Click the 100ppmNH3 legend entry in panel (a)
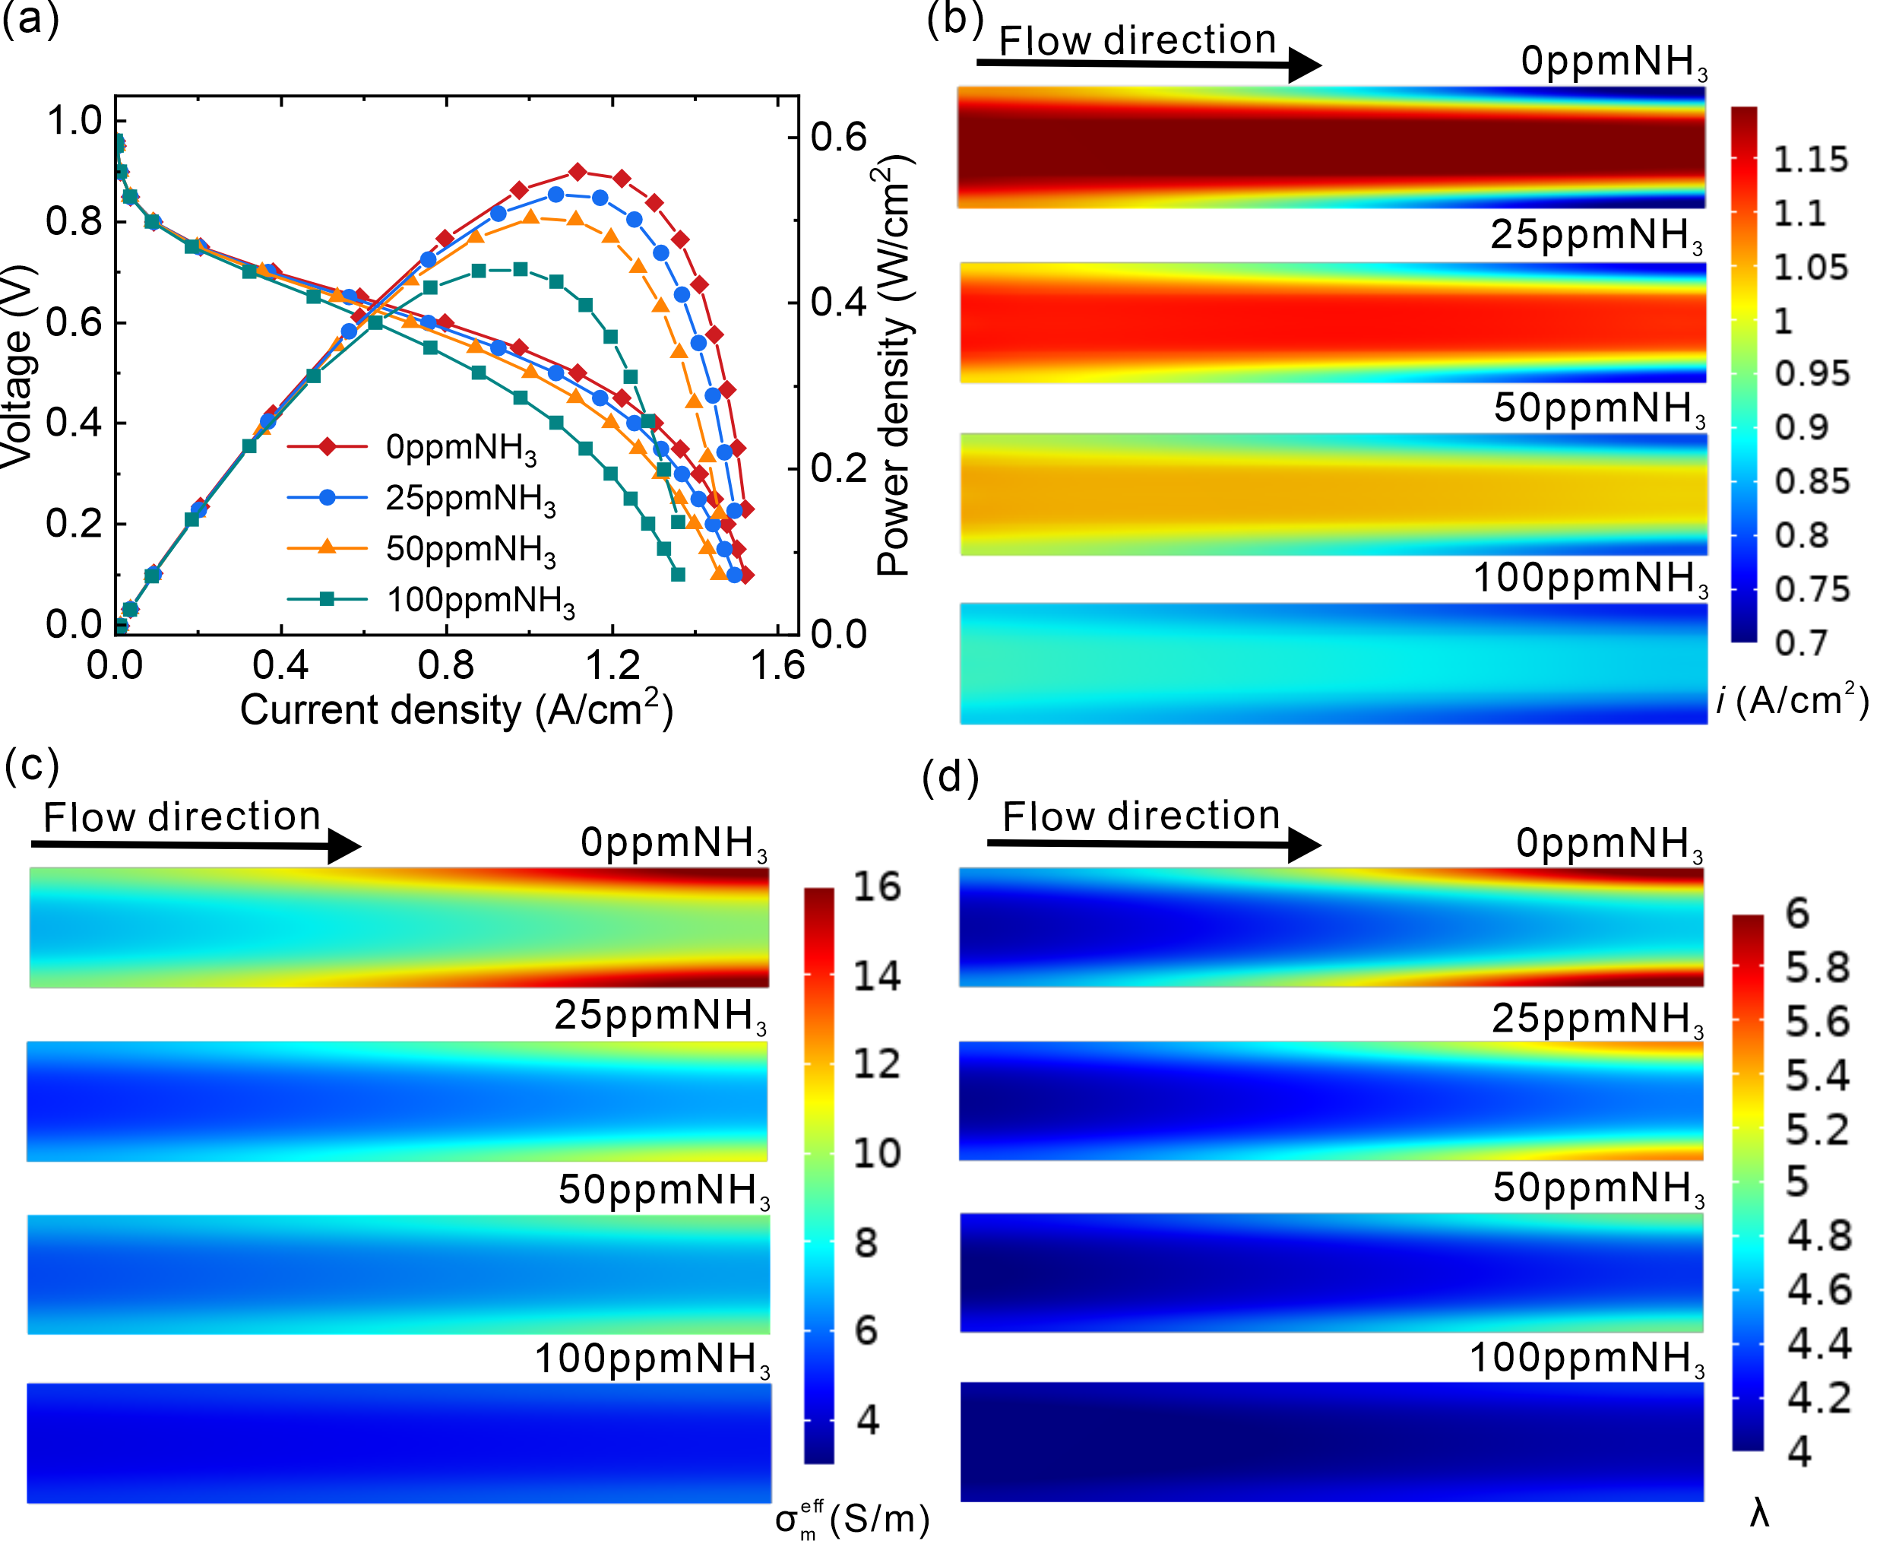tap(432, 601)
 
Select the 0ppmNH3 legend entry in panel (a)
tap(412, 447)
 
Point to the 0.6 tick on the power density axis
tap(839, 138)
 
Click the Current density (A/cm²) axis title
tap(456, 709)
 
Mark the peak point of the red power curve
tap(578, 171)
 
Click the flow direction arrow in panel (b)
tap(1149, 64)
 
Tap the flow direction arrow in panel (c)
tap(196, 845)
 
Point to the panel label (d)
tap(951, 778)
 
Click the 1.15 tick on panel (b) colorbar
tap(1811, 160)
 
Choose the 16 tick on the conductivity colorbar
tap(877, 886)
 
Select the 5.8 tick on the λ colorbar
tap(1818, 968)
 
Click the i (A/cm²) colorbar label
tap(1793, 700)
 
